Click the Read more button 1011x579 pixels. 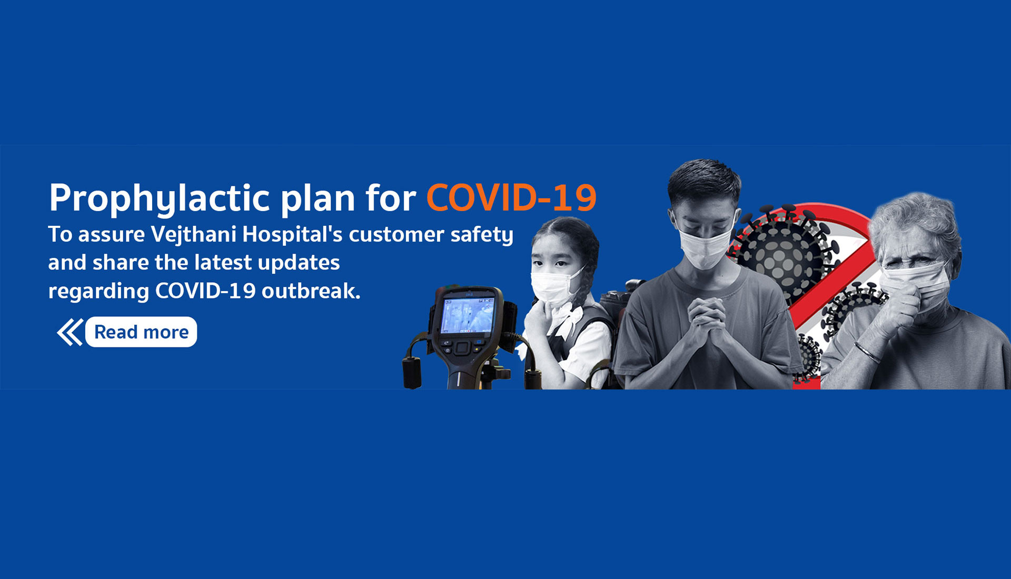coord(141,332)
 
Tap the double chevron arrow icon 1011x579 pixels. coord(70,332)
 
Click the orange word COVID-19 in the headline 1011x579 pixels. coord(511,198)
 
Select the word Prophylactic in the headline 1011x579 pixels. coord(160,199)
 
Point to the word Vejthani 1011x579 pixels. coord(194,235)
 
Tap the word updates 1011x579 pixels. coord(299,263)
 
